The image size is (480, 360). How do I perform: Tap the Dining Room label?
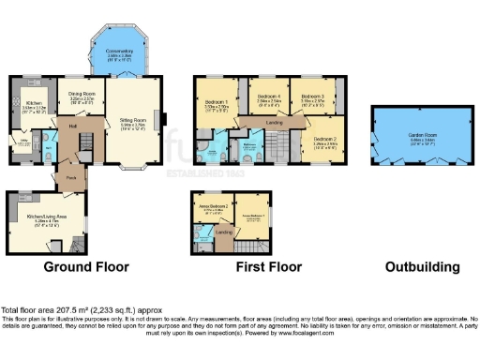(82, 94)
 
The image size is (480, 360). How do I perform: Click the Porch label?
(70, 175)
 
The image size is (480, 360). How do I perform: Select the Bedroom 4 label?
(268, 95)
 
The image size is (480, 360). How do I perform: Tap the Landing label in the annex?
(224, 232)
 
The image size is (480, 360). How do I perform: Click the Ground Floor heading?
(86, 266)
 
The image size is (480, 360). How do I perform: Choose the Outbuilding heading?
(422, 266)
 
